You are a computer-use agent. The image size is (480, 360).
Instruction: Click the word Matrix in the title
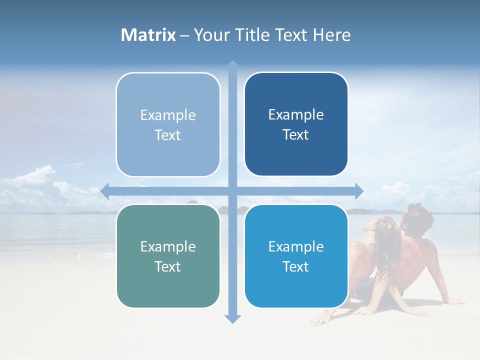click(148, 35)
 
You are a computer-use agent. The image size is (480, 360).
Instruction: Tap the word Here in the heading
click(332, 35)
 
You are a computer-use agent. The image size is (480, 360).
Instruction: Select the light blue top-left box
click(168, 124)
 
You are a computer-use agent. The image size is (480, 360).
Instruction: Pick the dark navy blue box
click(296, 124)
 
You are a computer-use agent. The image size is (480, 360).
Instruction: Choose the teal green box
click(168, 256)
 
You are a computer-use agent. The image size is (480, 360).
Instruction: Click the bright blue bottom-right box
click(296, 256)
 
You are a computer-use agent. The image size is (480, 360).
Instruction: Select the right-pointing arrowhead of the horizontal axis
click(358, 191)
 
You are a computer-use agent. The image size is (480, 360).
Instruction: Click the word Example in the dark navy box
click(296, 115)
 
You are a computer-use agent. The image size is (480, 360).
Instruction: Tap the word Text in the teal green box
click(167, 266)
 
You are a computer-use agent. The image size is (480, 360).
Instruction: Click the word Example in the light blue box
click(168, 115)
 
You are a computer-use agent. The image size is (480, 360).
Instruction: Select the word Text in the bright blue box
click(295, 267)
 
